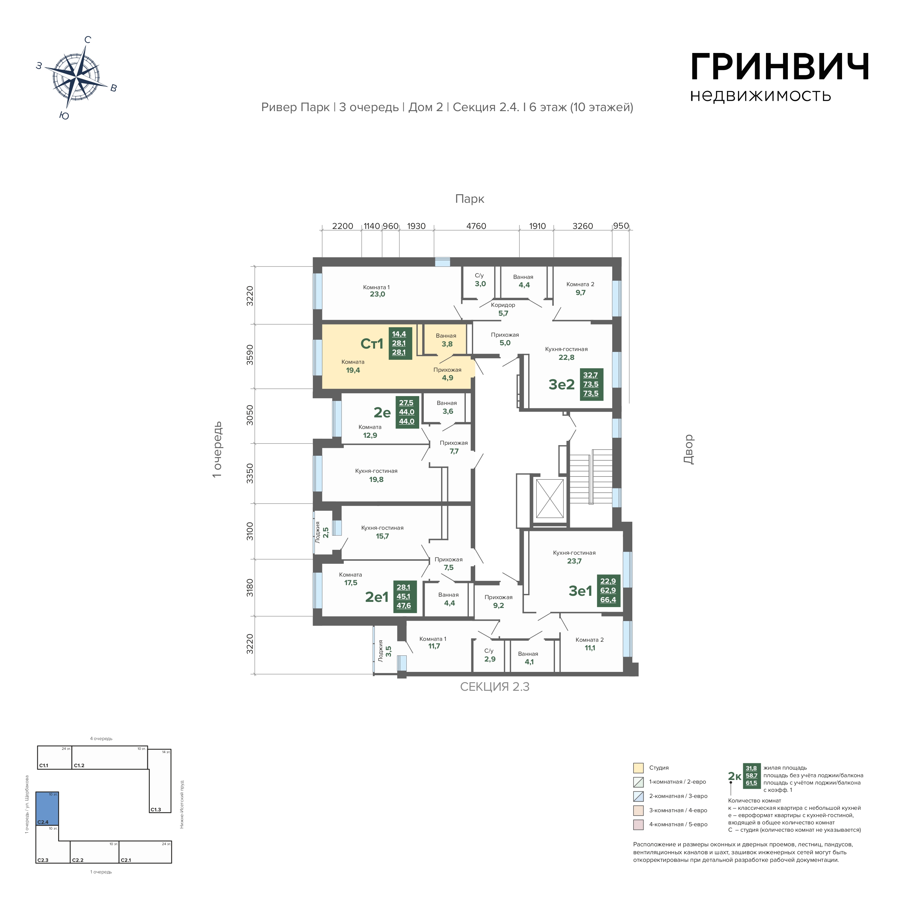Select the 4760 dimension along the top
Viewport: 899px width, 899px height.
[x=476, y=226]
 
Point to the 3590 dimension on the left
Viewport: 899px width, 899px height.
[x=250, y=355]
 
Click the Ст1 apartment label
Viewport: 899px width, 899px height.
[x=372, y=344]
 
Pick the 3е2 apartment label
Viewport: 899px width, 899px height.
[x=562, y=385]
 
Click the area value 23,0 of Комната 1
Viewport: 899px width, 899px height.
[x=378, y=295]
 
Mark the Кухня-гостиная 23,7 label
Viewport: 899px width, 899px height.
[x=574, y=557]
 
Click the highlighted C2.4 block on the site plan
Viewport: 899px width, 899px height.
[x=48, y=808]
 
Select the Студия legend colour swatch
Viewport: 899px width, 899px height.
[x=638, y=768]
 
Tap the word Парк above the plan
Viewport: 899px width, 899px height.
[x=469, y=199]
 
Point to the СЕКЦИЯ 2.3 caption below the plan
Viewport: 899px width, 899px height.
[x=495, y=687]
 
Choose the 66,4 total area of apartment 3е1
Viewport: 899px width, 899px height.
[x=608, y=600]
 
